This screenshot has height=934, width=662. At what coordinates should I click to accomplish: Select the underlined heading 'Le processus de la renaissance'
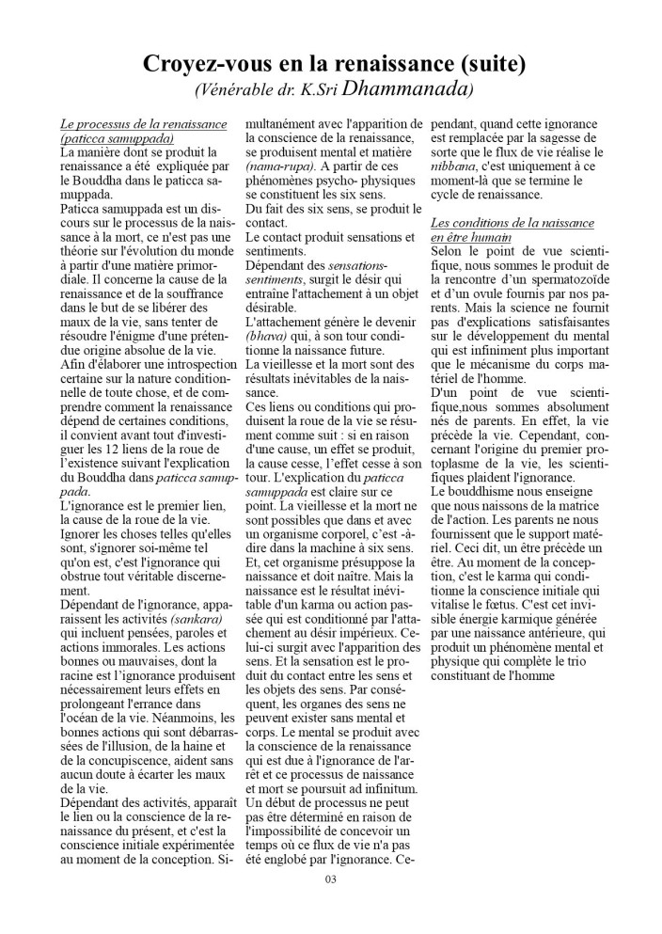click(x=143, y=123)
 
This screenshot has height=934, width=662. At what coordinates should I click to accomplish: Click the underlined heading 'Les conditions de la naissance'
click(x=512, y=223)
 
